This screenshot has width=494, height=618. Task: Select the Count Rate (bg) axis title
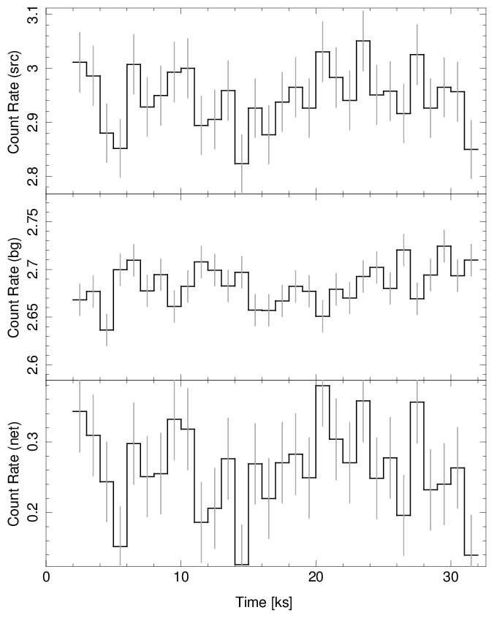(13, 288)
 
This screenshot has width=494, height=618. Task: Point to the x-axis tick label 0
(47, 576)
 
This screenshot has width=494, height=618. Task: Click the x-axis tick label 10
(180, 576)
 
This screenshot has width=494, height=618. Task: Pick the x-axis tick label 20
(315, 576)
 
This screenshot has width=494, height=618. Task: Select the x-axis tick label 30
(449, 576)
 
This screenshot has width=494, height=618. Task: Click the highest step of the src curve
(363, 41)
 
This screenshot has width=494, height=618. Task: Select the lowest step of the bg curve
(107, 329)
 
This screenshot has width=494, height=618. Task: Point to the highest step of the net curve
(322, 386)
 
